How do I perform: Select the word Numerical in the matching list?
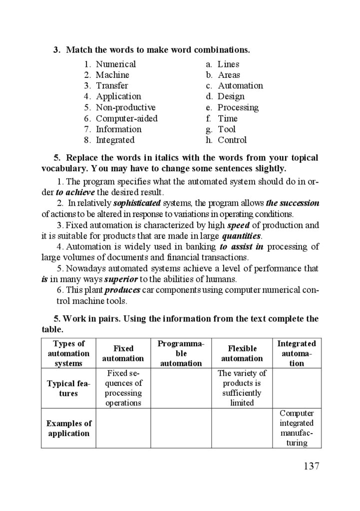coord(116,64)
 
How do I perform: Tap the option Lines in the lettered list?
coord(228,64)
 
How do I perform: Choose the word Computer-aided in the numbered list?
coord(126,119)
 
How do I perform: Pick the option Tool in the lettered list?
coord(227,130)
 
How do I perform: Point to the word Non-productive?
coord(125,108)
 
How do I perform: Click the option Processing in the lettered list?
coord(238,108)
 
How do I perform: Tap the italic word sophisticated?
coord(137,204)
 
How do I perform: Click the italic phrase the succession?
coord(293,204)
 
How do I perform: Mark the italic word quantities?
coord(242,236)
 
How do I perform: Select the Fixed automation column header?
coord(123,353)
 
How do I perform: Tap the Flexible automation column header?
coord(242,353)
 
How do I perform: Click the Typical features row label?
coord(68,388)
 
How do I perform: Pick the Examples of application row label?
coord(68,428)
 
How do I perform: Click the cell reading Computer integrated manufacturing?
coord(297,428)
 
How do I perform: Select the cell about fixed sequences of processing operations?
coord(123,388)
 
